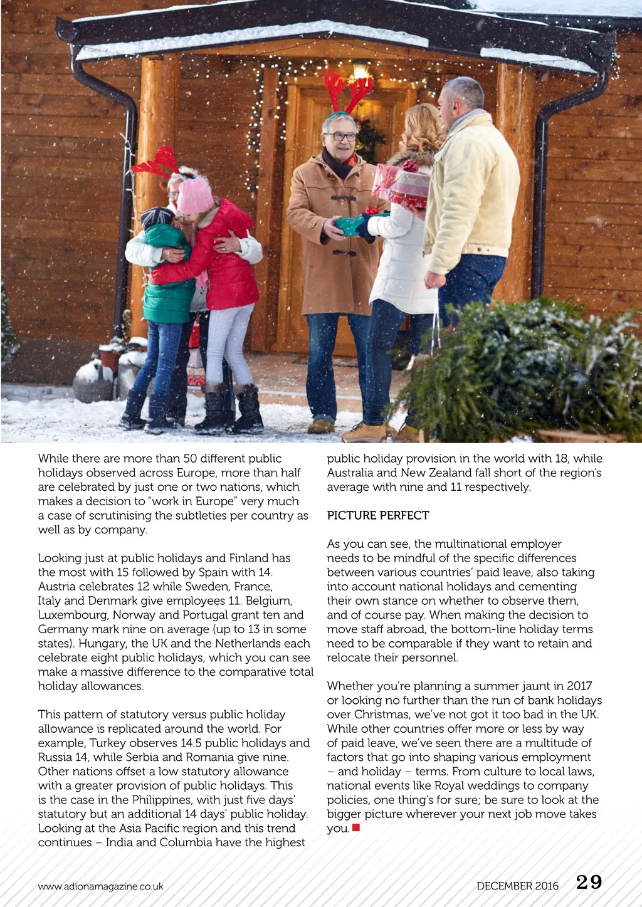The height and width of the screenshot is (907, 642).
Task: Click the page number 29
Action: [589, 883]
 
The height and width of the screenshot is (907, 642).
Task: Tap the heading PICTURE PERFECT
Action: [378, 515]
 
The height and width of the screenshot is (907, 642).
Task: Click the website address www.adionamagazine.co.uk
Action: [100, 886]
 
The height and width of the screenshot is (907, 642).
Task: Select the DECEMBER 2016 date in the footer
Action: [517, 886]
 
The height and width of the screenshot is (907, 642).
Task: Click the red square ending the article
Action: [356, 828]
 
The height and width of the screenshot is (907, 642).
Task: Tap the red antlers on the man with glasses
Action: [348, 90]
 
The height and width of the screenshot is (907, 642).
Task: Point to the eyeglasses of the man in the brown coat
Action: [340, 137]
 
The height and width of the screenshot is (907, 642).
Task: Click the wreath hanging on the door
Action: [370, 140]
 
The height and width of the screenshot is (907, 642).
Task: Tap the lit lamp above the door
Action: [360, 68]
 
